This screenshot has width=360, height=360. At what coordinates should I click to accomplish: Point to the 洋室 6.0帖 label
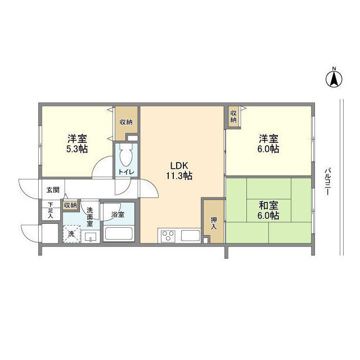tap(269, 143)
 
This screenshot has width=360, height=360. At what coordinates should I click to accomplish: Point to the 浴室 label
tap(118, 214)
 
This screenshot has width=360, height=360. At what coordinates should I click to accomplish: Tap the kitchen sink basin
tap(190, 236)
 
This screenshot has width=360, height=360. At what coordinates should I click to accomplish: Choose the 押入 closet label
tap(214, 223)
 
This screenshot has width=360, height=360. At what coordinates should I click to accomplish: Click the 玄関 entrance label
tap(52, 190)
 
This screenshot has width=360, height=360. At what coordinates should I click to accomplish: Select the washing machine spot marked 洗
tap(71, 233)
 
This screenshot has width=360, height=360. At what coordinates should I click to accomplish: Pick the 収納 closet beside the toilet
tap(126, 122)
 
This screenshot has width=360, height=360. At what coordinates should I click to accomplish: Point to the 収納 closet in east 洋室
tap(233, 116)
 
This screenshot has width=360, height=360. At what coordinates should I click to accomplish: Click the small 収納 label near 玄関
tap(70, 205)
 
